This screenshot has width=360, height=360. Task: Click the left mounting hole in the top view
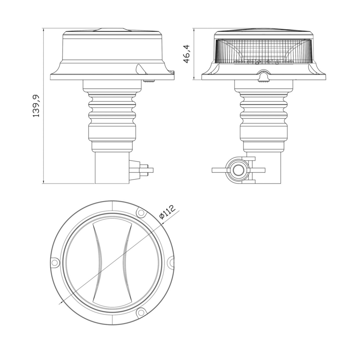54,262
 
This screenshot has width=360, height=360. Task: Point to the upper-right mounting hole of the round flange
140,212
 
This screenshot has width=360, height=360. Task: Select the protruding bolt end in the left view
149,170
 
